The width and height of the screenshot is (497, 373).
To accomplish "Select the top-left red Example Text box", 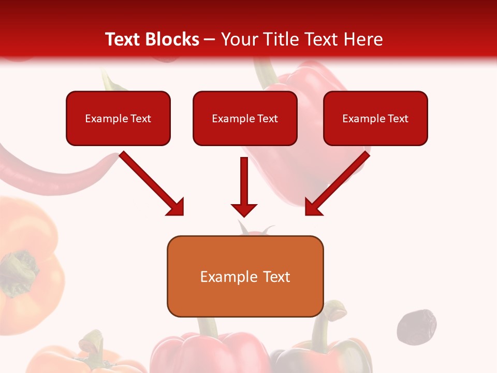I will [118, 118].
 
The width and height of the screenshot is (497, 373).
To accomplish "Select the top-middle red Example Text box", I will [245, 118].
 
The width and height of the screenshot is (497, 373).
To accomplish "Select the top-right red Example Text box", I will [375, 118].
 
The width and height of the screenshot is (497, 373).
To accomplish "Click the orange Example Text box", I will [245, 277].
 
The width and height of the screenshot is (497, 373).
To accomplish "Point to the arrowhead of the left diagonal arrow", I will [176, 207].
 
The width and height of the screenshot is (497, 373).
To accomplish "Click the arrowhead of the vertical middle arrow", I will [244, 210].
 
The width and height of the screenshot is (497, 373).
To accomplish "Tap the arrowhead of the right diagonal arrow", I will [313, 207].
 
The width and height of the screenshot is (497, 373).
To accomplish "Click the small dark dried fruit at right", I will [416, 326].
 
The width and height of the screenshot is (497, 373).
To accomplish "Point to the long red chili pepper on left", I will [52, 174].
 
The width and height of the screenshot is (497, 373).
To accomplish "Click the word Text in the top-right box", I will [398, 118].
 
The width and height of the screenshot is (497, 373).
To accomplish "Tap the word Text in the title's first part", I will [123, 39].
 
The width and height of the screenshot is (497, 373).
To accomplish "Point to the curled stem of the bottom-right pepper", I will [337, 311].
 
